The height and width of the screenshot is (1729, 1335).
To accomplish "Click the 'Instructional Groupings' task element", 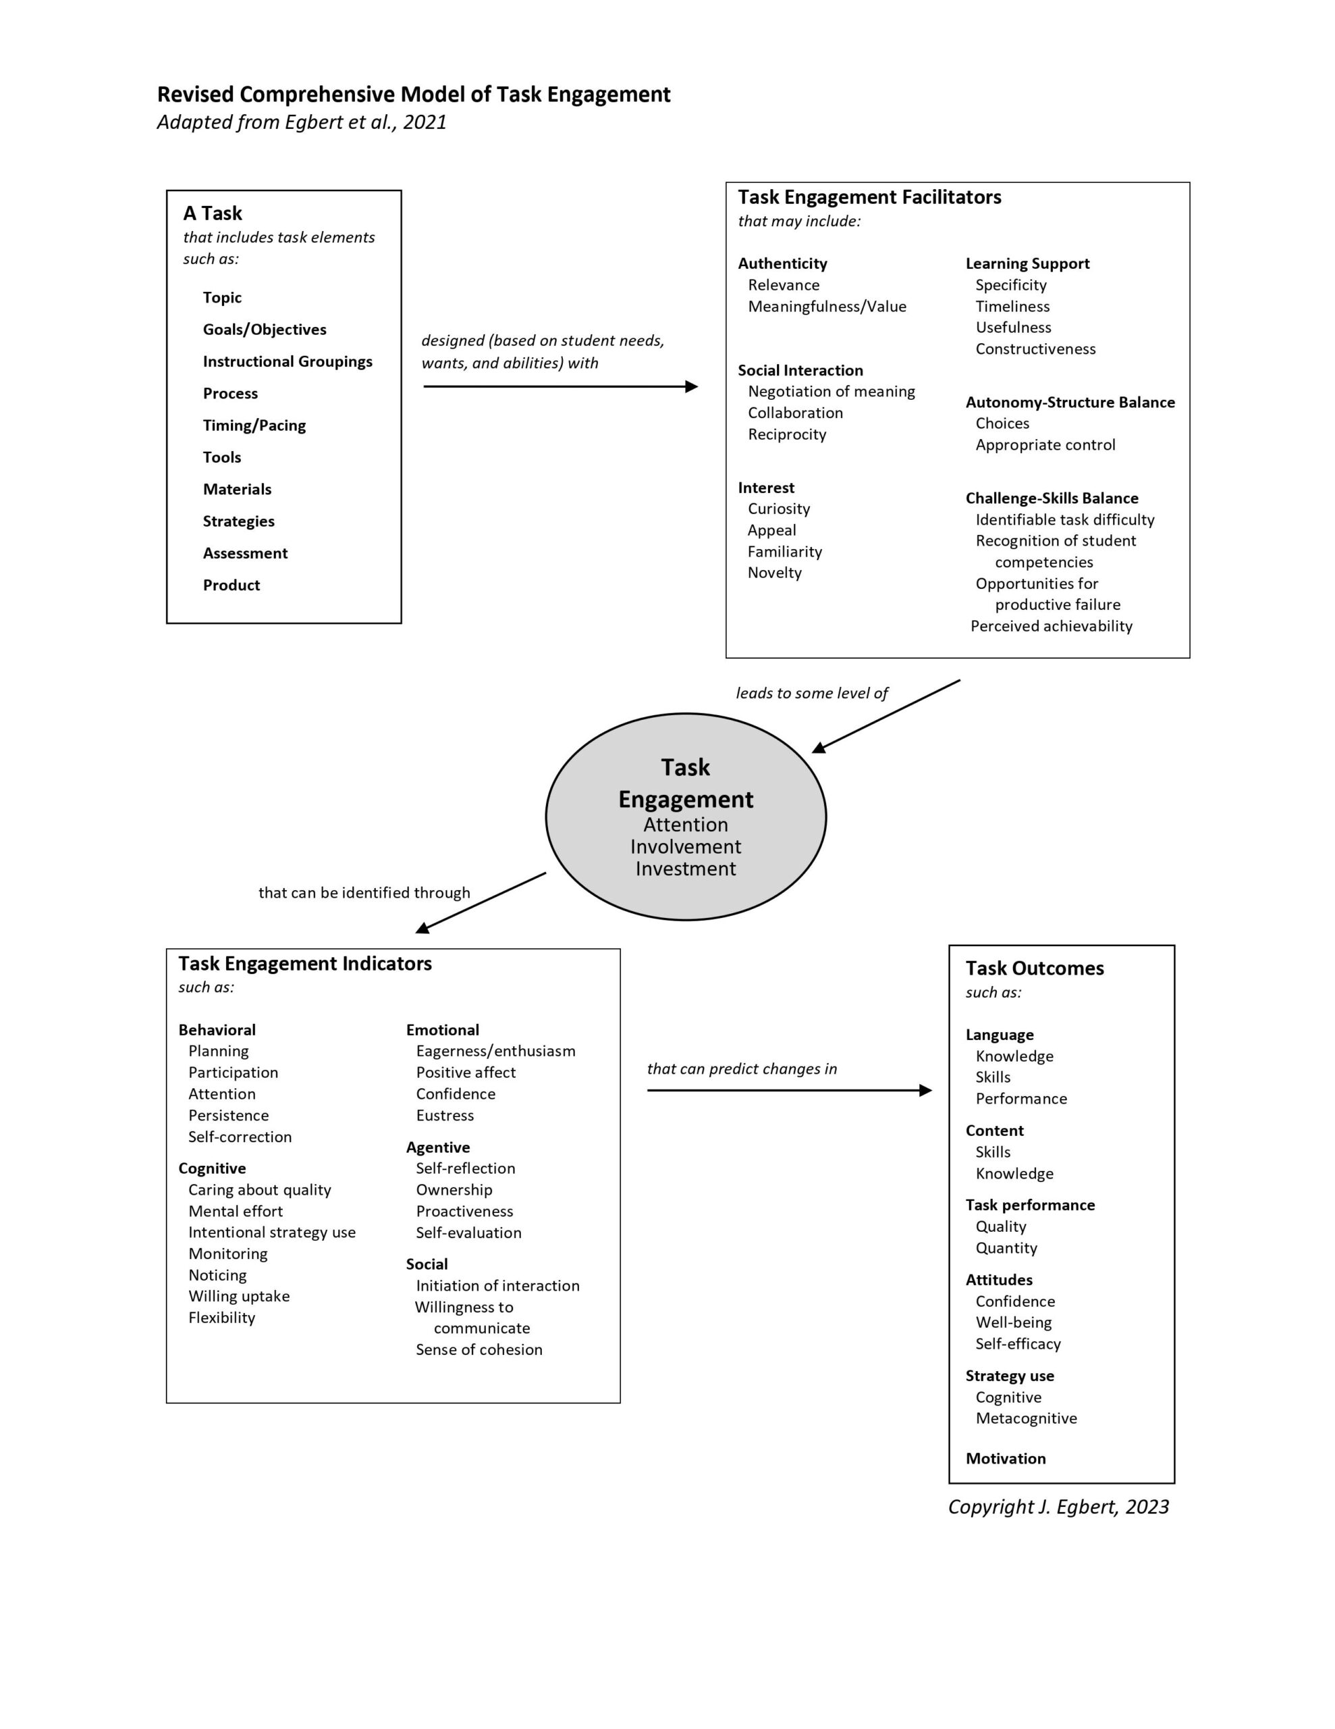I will coord(288,362).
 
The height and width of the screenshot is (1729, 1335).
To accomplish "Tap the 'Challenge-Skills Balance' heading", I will coord(1052,498).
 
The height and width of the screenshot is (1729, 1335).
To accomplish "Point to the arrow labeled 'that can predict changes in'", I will coord(789,1090).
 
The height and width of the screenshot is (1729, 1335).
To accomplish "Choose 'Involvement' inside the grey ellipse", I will coord(685,846).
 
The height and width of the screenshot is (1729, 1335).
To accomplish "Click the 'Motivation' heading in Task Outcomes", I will coord(1005,1458).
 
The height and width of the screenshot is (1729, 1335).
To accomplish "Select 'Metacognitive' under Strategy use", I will coord(1026,1418).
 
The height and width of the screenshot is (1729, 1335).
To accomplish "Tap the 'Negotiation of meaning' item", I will coord(831,391).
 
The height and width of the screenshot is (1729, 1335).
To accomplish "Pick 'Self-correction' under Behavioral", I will coord(240,1137).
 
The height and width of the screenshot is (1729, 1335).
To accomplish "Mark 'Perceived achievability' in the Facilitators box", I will coord(1051,626).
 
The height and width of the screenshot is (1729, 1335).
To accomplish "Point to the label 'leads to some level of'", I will coord(812,694).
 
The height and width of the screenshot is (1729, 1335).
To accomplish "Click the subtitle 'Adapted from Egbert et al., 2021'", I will coord(302,122).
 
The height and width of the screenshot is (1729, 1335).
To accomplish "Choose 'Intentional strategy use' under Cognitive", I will coord(271,1233).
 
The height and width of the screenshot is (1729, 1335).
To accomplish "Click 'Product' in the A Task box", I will coord(231,585).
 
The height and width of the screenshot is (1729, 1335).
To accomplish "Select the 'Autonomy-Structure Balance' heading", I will coord(1070,402).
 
